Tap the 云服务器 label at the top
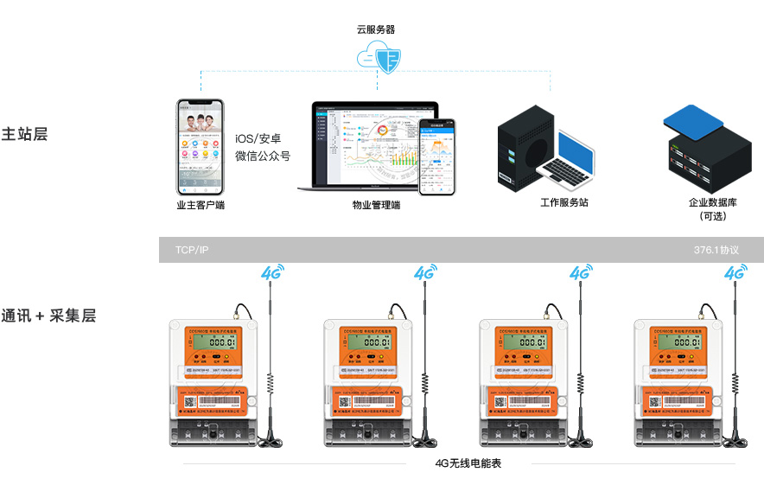pos(376,29)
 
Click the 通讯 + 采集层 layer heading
pos(48,316)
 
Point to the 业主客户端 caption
pos(201,206)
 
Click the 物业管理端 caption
pos(376,206)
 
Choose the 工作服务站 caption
pos(564,202)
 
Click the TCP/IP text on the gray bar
pos(192,250)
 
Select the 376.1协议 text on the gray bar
pos(716,250)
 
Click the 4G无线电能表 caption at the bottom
pos(468,463)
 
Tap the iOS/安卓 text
pos(258,138)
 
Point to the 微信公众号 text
pos(263,156)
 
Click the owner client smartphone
pos(200,148)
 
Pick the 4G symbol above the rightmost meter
pos(735,272)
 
